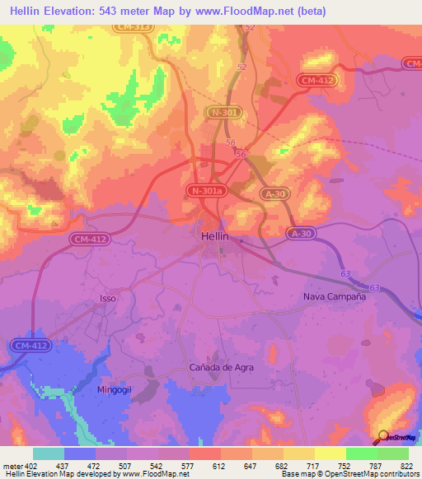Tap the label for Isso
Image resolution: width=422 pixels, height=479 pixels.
point(108,297)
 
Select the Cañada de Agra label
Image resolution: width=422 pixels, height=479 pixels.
point(222,366)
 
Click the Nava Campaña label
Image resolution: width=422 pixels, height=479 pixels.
point(334,297)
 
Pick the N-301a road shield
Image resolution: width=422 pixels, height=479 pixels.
point(204,191)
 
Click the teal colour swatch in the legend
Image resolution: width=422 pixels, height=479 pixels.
point(49,453)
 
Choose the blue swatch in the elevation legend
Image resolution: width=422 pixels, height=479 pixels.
point(80,453)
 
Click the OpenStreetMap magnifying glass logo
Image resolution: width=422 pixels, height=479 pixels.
point(382,436)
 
